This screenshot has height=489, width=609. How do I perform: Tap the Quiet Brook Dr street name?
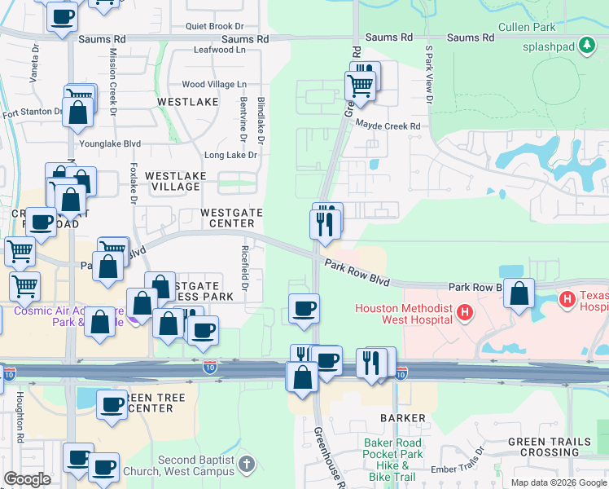(x=214, y=26)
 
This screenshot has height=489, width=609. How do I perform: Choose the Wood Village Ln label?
(x=214, y=84)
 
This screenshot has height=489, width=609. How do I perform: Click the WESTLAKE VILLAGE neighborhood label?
(x=173, y=181)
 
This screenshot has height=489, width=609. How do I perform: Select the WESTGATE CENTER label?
(x=232, y=218)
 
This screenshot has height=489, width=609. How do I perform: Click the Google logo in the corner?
(x=27, y=479)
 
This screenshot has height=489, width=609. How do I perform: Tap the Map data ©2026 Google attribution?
(x=559, y=482)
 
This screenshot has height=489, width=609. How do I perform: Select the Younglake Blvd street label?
(x=109, y=143)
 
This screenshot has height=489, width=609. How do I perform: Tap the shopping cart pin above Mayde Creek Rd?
(x=360, y=84)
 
